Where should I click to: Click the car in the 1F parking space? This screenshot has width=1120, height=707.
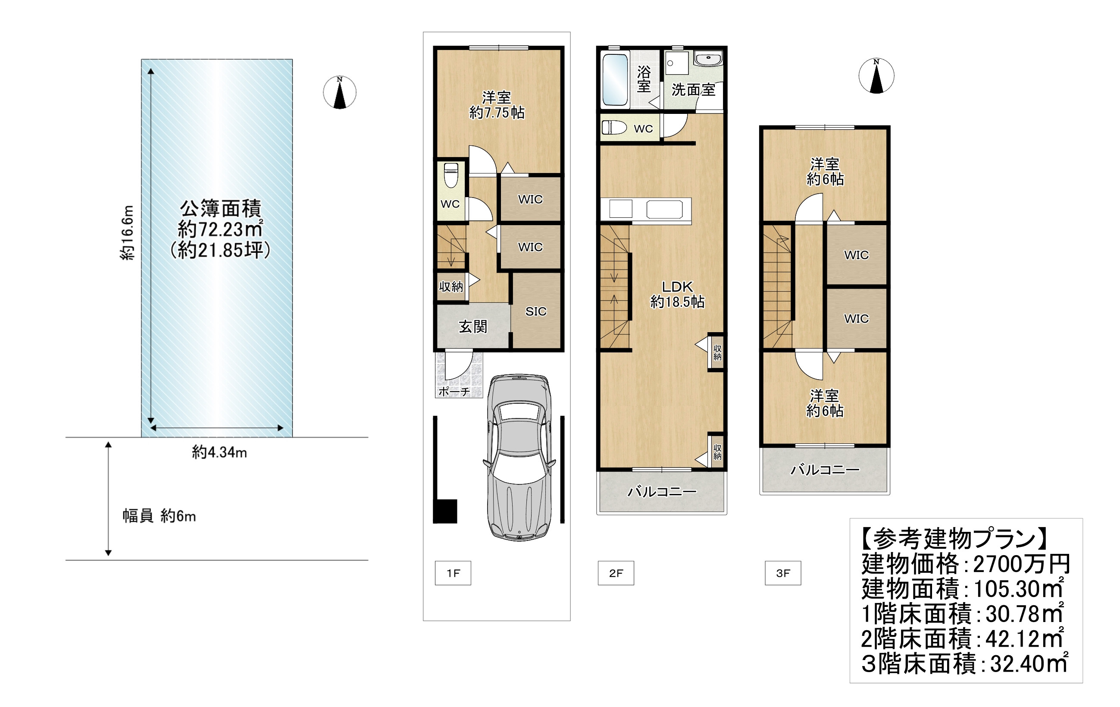[519, 457]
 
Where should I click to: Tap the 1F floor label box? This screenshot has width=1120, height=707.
[453, 573]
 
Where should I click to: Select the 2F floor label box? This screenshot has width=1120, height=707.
[616, 573]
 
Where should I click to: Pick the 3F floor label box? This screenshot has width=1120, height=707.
[783, 573]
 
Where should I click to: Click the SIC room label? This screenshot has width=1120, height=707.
[536, 311]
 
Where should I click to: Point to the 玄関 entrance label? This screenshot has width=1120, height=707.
[472, 327]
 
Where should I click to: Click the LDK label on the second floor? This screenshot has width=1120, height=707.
[677, 287]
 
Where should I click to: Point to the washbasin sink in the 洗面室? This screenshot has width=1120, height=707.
[708, 59]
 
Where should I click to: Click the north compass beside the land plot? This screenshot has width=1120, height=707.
[340, 92]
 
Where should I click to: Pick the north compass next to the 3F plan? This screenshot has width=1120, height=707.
[876, 76]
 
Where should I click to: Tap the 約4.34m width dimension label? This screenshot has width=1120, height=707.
[219, 452]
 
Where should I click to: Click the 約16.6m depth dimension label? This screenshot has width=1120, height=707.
[128, 232]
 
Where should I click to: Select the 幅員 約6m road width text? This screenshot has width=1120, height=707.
[159, 516]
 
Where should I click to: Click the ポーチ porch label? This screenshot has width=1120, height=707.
[454, 391]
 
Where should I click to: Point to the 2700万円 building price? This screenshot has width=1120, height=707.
[1022, 564]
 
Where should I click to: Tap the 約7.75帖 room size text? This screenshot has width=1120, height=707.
[497, 112]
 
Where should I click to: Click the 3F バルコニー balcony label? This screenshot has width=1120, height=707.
[825, 470]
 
